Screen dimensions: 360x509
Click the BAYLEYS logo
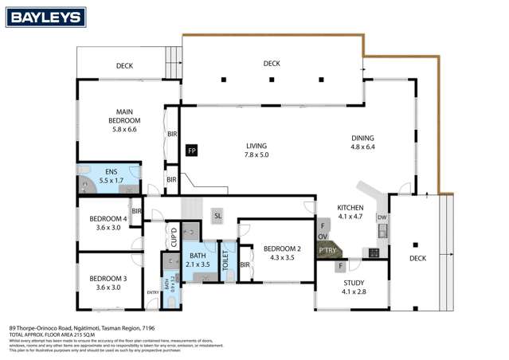[38, 14]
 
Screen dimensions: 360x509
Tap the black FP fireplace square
[191, 149]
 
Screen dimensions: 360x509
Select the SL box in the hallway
[217, 215]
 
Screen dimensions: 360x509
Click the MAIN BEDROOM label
[124, 120]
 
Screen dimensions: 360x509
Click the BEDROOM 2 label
[276, 252]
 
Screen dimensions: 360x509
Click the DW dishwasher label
[382, 217]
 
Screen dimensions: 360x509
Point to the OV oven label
[323, 237]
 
